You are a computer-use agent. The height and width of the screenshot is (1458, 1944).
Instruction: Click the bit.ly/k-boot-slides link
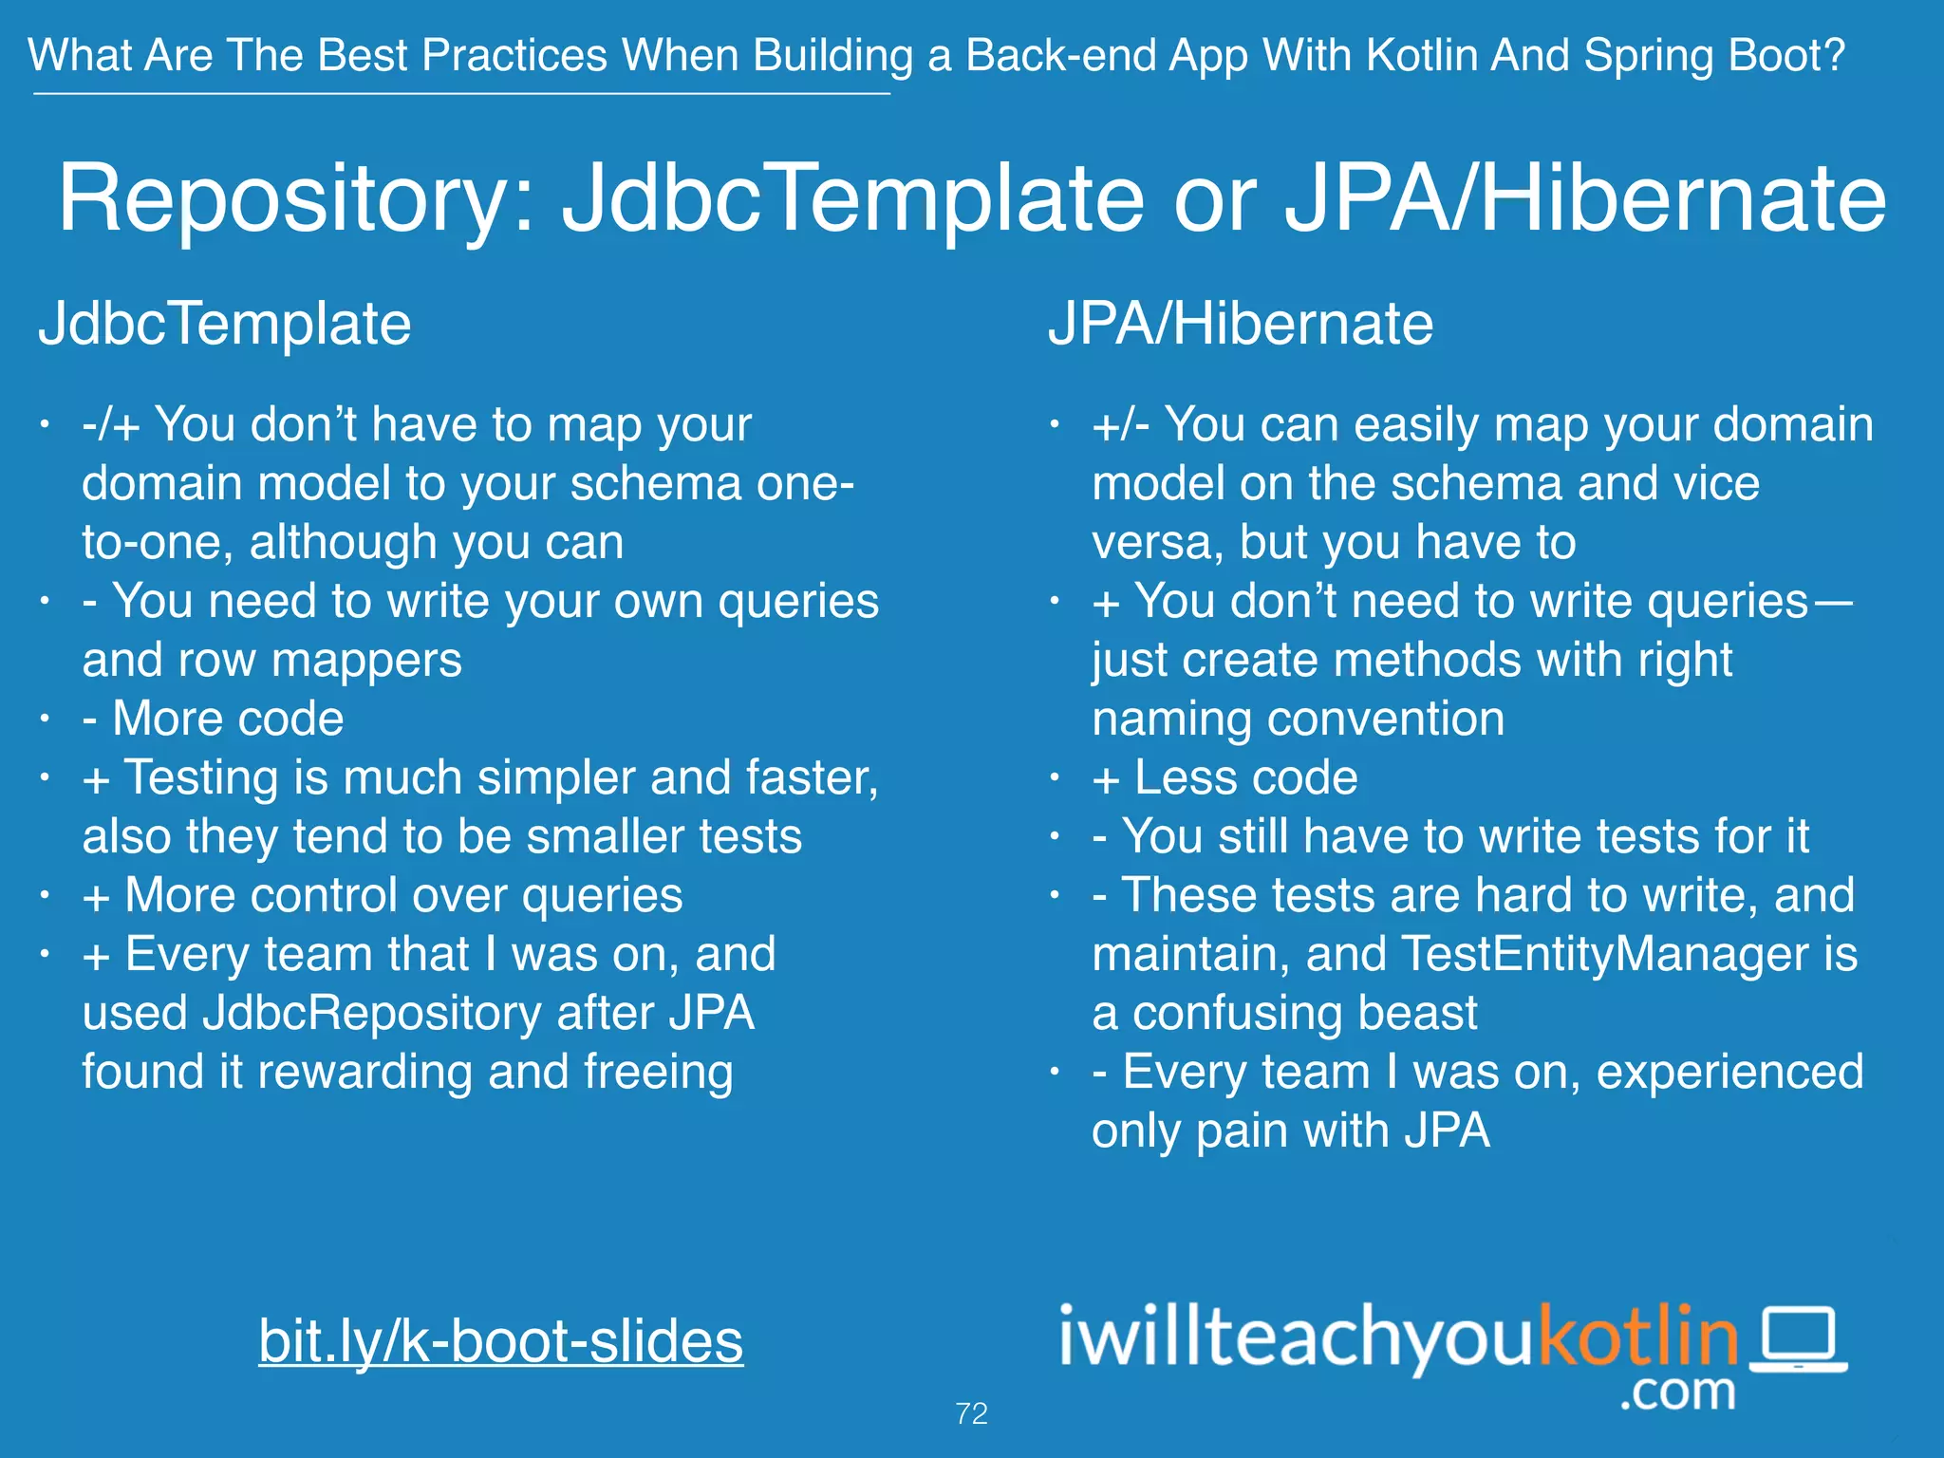(500, 1340)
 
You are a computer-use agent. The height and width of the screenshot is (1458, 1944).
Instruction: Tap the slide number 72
(971, 1413)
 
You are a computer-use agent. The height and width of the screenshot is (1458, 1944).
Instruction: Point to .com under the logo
(1677, 1392)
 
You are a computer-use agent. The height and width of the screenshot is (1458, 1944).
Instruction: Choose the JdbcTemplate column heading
(224, 325)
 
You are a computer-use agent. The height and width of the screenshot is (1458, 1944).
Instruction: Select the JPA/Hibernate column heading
(1240, 325)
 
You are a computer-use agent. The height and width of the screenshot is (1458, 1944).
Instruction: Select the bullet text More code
(228, 719)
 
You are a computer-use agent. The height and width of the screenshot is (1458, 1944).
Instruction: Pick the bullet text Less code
(1245, 777)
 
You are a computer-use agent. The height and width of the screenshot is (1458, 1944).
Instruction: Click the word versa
(1151, 543)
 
